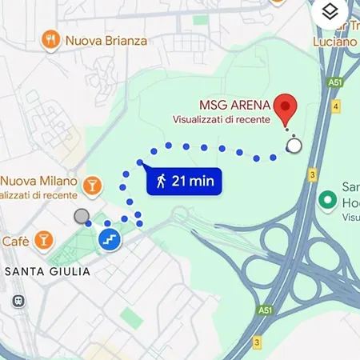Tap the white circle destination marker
[294, 146]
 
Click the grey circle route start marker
[81, 216]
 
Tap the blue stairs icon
[109, 238]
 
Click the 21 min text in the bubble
[193, 181]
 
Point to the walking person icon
[162, 181]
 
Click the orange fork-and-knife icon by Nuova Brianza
[50, 38]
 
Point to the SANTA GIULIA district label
[47, 272]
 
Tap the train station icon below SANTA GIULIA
[16, 301]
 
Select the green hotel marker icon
[326, 199]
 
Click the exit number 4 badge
[338, 106]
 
